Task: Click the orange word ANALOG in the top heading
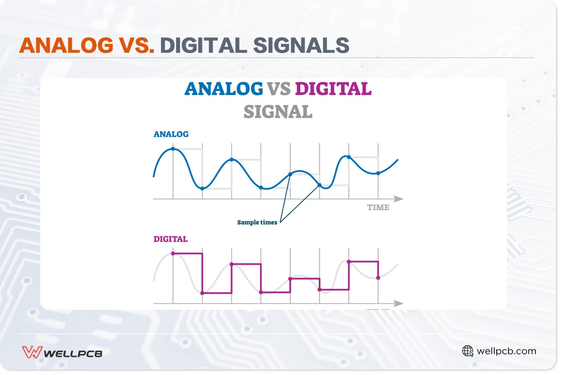pyautogui.click(x=66, y=45)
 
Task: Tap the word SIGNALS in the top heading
pyautogui.click(x=301, y=45)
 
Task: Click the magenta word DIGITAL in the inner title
pyautogui.click(x=333, y=89)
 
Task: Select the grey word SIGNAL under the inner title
pyautogui.click(x=278, y=112)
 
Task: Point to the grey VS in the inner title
pyautogui.click(x=278, y=89)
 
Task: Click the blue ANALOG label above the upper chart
pyautogui.click(x=171, y=134)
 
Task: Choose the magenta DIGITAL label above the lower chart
pyautogui.click(x=170, y=239)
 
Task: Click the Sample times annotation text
pyautogui.click(x=257, y=222)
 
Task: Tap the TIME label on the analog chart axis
pyautogui.click(x=378, y=208)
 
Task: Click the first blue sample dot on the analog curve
pyautogui.click(x=173, y=149)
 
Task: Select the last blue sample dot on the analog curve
pyautogui.click(x=378, y=173)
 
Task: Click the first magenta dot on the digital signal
pyautogui.click(x=173, y=253)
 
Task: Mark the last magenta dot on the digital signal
pyautogui.click(x=378, y=278)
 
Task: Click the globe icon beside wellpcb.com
pyautogui.click(x=468, y=351)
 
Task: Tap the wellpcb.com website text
pyautogui.click(x=506, y=351)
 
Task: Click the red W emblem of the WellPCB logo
pyautogui.click(x=32, y=352)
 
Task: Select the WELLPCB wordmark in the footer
pyautogui.click(x=73, y=354)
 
